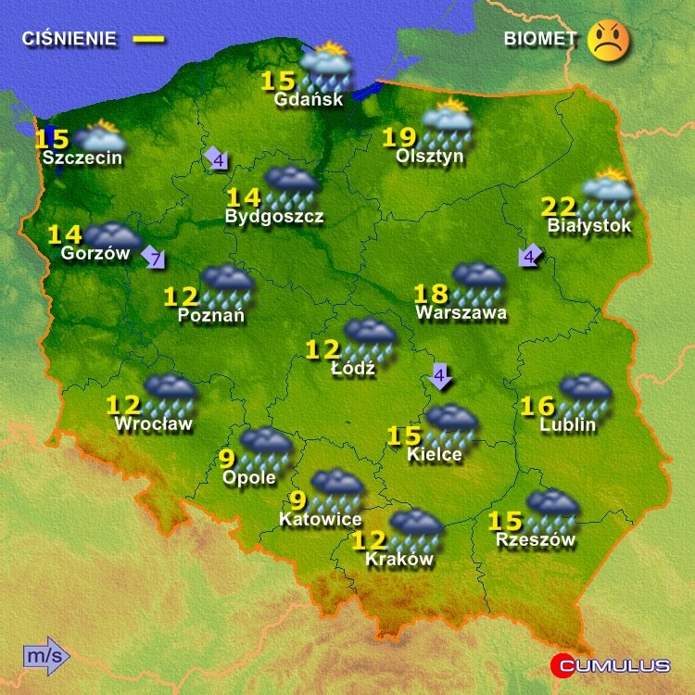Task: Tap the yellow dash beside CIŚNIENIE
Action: (148, 39)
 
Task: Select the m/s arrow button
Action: (45, 655)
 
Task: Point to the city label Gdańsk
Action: (310, 99)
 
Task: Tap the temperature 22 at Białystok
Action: (559, 206)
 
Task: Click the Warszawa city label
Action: (461, 313)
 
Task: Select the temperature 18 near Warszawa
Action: (431, 295)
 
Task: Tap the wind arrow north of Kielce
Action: (441, 376)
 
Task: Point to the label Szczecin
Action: (82, 158)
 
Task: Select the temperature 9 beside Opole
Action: (227, 458)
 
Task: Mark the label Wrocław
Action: (153, 424)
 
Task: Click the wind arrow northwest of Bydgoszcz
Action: (217, 159)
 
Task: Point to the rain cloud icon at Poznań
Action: (227, 284)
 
